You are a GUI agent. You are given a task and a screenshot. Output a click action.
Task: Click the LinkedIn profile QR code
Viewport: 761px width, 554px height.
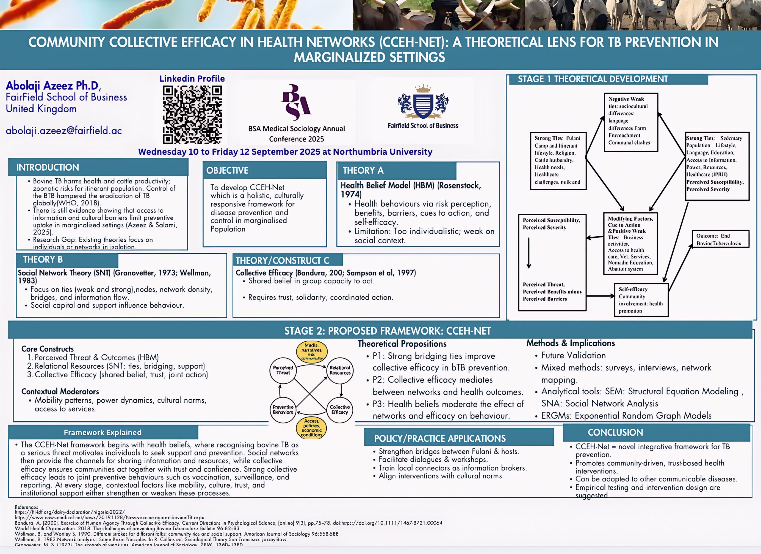click(192, 115)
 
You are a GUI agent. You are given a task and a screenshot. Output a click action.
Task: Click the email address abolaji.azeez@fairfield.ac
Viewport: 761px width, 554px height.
click(64, 130)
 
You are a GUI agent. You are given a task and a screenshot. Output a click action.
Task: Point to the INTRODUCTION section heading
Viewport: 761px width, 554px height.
click(48, 167)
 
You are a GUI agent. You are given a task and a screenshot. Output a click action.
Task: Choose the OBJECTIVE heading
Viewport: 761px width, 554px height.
click(227, 170)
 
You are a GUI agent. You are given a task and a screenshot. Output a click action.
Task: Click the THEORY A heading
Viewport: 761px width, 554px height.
click(363, 170)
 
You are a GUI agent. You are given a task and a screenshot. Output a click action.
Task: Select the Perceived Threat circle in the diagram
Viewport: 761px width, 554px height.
click(283, 370)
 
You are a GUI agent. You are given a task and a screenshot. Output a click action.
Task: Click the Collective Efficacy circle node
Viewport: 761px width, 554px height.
click(340, 409)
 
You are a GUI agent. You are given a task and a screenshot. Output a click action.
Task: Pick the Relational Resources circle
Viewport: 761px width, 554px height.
click(340, 370)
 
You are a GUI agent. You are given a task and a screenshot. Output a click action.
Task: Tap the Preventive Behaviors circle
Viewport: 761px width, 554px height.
click(283, 409)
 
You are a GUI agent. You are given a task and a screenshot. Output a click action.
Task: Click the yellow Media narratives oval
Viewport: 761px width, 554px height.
click(312, 352)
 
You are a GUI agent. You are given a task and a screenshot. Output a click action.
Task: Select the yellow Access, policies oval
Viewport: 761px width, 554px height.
click(312, 428)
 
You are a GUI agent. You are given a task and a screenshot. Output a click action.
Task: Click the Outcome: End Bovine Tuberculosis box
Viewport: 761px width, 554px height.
click(720, 239)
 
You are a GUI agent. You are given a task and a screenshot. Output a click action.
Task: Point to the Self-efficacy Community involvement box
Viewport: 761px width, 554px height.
click(641, 300)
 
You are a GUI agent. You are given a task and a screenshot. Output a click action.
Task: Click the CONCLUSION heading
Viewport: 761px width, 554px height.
click(615, 433)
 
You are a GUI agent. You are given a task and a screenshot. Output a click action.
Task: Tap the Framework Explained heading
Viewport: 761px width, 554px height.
click(103, 433)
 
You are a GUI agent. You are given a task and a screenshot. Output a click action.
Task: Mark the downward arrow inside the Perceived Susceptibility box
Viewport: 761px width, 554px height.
click(529, 253)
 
